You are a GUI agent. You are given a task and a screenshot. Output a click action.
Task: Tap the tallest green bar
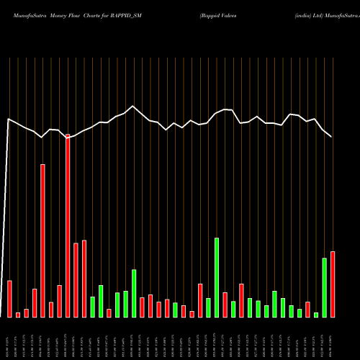pos(217,277)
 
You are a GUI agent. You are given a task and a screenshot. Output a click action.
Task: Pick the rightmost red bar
pos(333,284)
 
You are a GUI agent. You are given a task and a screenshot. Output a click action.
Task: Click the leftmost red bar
pos(9,299)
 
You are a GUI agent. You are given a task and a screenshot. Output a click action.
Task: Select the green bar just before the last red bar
pos(325,287)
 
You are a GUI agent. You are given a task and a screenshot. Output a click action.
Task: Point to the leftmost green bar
pos(93,307)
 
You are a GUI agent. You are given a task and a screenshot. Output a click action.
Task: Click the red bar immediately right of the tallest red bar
pos(76,280)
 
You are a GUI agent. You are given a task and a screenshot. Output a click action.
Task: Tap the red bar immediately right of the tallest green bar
pos(225,305)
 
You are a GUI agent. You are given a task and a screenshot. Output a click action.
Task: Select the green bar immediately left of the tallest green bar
pos(209,307)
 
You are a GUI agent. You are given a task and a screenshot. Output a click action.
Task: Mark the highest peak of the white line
pos(132,106)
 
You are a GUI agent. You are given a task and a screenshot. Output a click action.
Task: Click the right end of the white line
pos(332,136)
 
